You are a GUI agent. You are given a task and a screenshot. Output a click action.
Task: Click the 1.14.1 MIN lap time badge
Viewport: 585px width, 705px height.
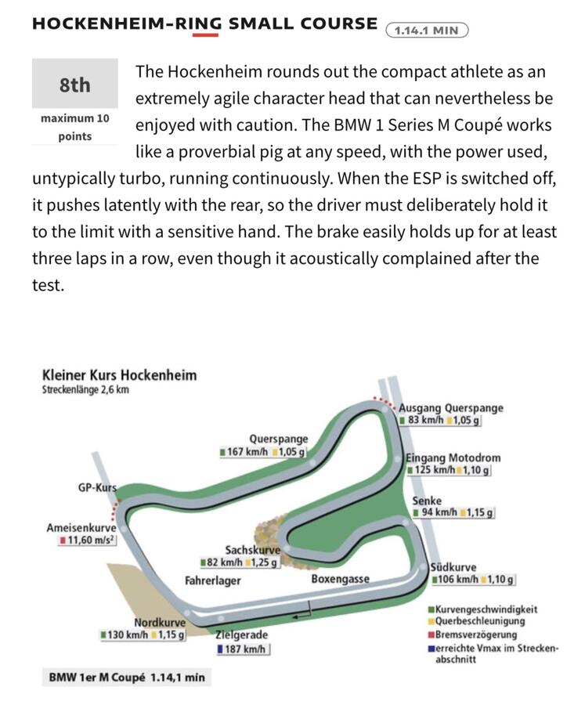(427, 31)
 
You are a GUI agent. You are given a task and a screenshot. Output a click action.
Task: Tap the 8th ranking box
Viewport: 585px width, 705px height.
(74, 84)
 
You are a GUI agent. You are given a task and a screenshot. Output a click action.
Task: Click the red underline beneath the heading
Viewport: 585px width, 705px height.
(205, 34)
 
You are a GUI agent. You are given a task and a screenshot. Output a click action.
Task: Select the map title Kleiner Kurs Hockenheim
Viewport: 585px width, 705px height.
(119, 375)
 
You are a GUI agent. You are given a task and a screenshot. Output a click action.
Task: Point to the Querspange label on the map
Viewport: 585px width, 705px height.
(278, 439)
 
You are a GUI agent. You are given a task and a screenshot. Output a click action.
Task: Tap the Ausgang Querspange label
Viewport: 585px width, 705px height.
(450, 408)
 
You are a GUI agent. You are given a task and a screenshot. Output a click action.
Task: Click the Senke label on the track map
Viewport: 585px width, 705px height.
(427, 501)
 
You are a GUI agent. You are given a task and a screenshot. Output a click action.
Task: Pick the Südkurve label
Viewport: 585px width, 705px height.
(453, 567)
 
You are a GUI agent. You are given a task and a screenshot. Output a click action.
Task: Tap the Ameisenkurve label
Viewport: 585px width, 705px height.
(81, 528)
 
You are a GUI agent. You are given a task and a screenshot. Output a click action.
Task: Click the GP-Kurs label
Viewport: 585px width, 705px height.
(96, 487)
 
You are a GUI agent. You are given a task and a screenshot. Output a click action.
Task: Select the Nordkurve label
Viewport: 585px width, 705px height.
(159, 623)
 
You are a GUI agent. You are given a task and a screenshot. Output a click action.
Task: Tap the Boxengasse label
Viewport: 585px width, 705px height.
(340, 580)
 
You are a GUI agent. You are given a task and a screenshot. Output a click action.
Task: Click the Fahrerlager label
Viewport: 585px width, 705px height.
(212, 581)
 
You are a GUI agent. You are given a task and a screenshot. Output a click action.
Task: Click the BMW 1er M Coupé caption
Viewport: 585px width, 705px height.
(126, 676)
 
